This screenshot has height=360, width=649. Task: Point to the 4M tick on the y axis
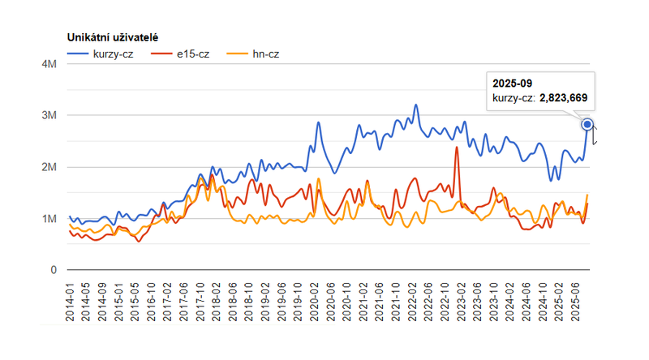click(x=48, y=64)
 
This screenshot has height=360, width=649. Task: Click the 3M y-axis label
click(x=48, y=115)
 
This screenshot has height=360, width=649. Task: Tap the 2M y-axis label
click(x=48, y=167)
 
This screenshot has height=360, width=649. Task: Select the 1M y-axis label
click(x=48, y=219)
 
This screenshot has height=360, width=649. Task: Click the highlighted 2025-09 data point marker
click(x=587, y=124)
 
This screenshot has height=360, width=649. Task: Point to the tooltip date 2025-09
click(x=514, y=83)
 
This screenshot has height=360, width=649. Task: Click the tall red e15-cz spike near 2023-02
click(x=457, y=148)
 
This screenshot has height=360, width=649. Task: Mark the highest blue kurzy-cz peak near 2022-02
click(x=416, y=105)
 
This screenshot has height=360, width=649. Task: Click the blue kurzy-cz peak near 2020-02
click(x=318, y=123)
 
